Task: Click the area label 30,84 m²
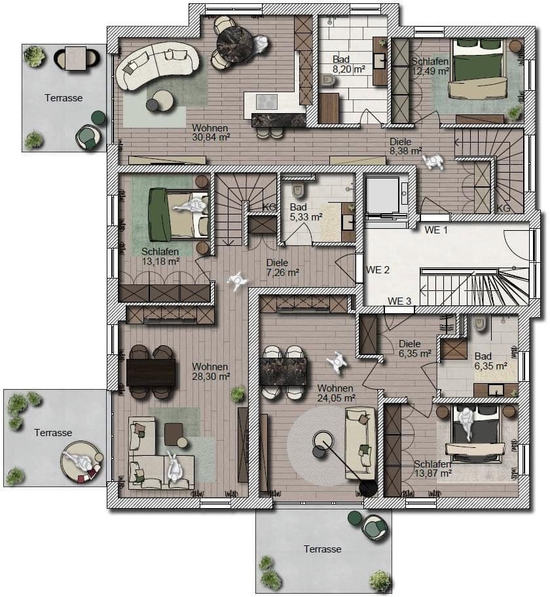point(210,137)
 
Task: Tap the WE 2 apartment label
point(378,269)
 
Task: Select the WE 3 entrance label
point(399,301)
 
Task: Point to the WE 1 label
point(436,230)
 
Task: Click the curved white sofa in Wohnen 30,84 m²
point(156,64)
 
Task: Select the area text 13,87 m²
point(433,473)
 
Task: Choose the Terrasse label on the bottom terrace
point(322,549)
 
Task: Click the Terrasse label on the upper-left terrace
point(64,98)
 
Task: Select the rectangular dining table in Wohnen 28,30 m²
point(151,373)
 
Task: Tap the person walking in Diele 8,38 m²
point(433,160)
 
